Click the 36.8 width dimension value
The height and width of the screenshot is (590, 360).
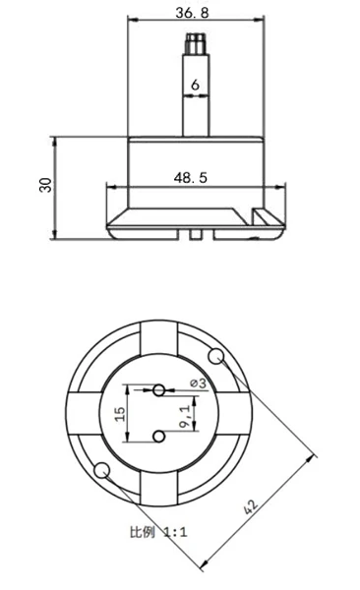(x=192, y=13)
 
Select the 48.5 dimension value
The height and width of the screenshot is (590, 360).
(x=191, y=177)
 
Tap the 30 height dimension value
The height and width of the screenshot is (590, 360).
(x=46, y=185)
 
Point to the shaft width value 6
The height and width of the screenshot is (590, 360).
(x=195, y=85)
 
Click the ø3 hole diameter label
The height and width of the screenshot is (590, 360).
(x=199, y=383)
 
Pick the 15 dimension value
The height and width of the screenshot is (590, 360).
(x=120, y=414)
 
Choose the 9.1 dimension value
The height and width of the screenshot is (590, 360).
(x=185, y=417)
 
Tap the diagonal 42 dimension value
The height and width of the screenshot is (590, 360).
(x=251, y=506)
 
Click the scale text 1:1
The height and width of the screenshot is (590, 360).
(x=175, y=532)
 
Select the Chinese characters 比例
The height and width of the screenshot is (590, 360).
(x=142, y=532)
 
